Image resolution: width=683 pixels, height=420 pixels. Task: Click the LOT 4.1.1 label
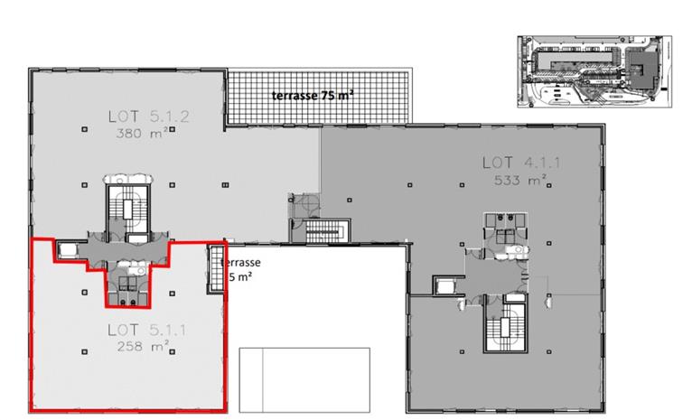pyautogui.click(x=515, y=163)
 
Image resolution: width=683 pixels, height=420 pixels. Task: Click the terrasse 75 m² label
pyautogui.click(x=313, y=94)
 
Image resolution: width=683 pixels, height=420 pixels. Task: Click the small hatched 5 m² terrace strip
pyautogui.click(x=216, y=267)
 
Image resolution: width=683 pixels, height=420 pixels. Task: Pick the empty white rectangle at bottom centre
pyautogui.click(x=304, y=378)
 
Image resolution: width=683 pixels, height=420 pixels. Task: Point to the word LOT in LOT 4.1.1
pyautogui.click(x=497, y=163)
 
